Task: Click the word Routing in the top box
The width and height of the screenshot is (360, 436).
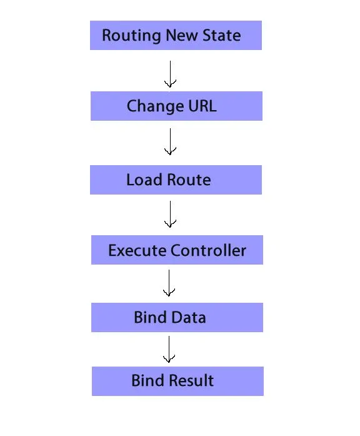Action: point(131,36)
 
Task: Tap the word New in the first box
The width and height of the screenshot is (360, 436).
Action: point(182,35)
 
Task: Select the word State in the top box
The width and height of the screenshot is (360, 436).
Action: point(222,35)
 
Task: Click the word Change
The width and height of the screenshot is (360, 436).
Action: point(155,106)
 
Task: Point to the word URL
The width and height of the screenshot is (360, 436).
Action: point(202,106)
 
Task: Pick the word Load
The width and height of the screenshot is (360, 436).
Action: point(144,180)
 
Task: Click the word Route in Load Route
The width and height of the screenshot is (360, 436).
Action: point(189,180)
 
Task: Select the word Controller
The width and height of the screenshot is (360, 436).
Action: point(208,250)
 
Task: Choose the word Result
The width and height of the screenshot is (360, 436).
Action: point(192,380)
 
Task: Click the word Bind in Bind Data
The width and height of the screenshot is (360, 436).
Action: point(150,317)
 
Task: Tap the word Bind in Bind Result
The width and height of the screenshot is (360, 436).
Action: point(147,380)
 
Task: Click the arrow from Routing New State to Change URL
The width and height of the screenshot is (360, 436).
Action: point(170,74)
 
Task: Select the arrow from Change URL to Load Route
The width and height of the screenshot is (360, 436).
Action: point(170,141)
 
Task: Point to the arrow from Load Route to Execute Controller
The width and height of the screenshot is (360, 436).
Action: point(170,214)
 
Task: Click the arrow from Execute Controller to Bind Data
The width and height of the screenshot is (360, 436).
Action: point(169,283)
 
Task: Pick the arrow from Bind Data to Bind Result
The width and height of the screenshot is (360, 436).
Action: point(169,349)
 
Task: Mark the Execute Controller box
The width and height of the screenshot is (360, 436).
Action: point(177,250)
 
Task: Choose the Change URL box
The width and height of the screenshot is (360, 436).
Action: point(176,106)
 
